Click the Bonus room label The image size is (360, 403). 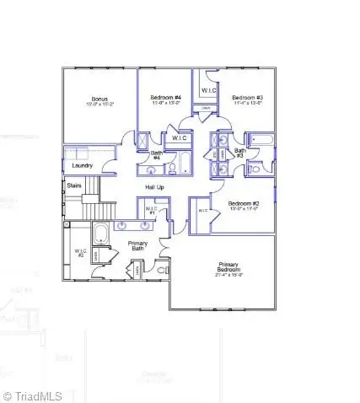pyautogui.click(x=99, y=100)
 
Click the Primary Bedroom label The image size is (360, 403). pyautogui.click(x=228, y=269)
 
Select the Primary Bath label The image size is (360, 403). pyautogui.click(x=137, y=245)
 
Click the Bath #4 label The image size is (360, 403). pyautogui.click(x=156, y=156)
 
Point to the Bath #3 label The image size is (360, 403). pyautogui.click(x=239, y=153)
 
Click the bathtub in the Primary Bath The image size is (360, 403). pyautogui.click(x=99, y=234)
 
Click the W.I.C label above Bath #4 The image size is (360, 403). pyautogui.click(x=180, y=137)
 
